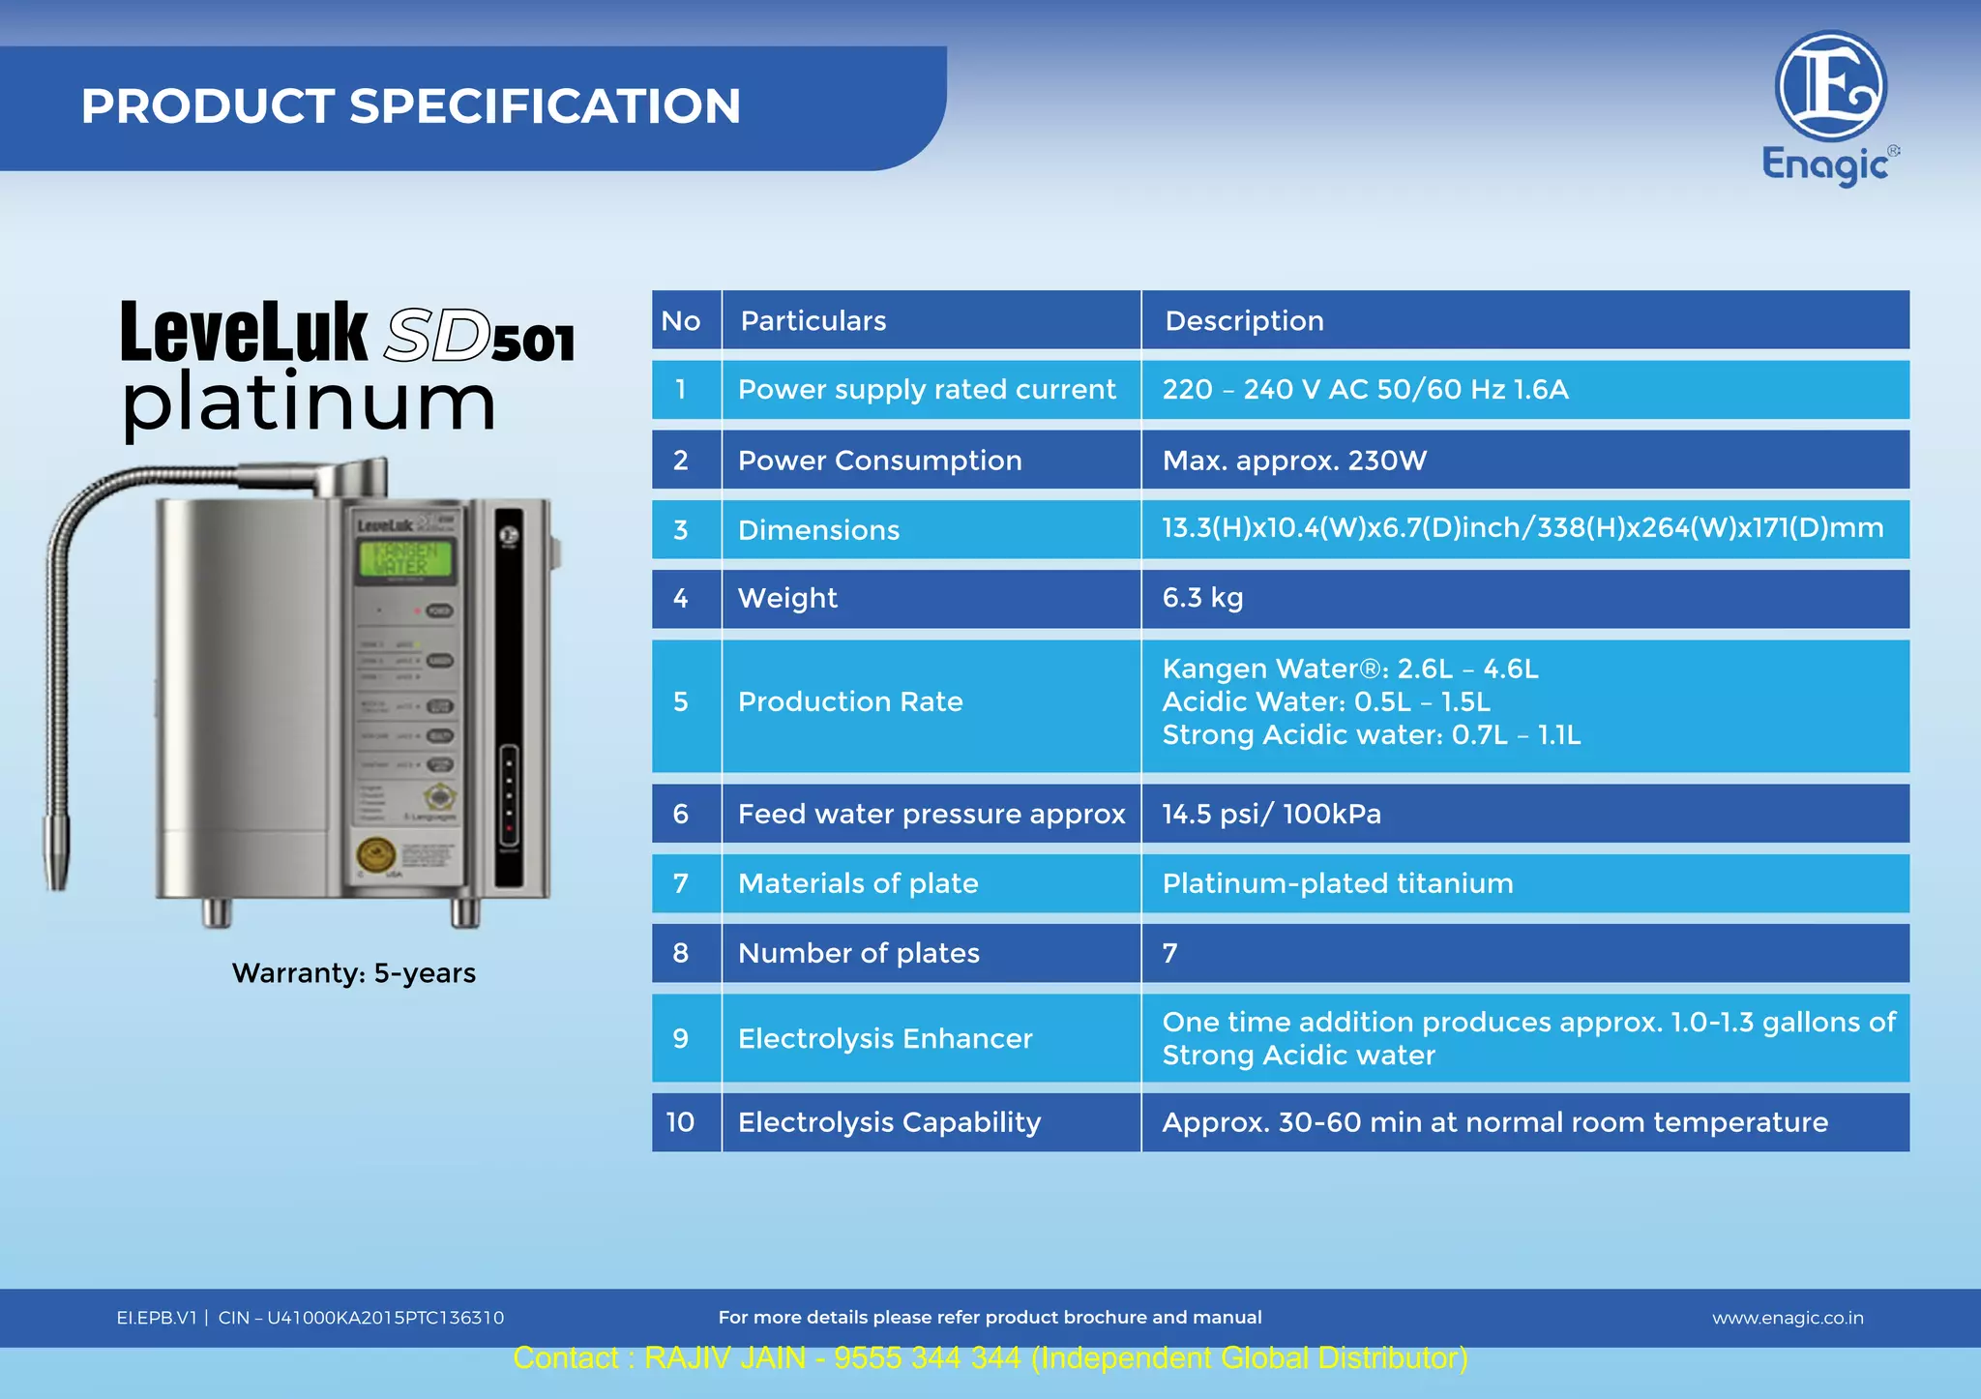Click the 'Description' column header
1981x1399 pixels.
(x=1244, y=320)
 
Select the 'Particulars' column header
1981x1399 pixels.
(x=813, y=320)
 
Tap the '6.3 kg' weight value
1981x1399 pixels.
(x=1202, y=598)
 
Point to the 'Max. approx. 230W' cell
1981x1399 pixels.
(x=1294, y=461)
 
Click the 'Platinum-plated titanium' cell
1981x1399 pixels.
(x=1337, y=883)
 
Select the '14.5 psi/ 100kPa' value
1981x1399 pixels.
(x=1271, y=814)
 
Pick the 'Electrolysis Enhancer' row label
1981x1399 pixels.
(x=884, y=1038)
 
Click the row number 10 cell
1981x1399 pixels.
(x=680, y=1122)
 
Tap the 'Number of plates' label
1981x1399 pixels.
(x=858, y=953)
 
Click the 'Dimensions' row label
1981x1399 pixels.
(x=818, y=530)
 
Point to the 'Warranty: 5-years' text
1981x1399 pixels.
(x=354, y=972)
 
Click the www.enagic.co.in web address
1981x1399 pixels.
(x=1788, y=1318)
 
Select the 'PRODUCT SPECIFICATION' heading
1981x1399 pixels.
(x=411, y=105)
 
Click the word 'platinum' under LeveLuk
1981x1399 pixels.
(x=309, y=403)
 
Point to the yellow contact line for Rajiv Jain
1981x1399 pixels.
(x=990, y=1358)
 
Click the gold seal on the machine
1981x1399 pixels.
(x=375, y=854)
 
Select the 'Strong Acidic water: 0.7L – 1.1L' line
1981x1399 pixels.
(x=1371, y=735)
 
